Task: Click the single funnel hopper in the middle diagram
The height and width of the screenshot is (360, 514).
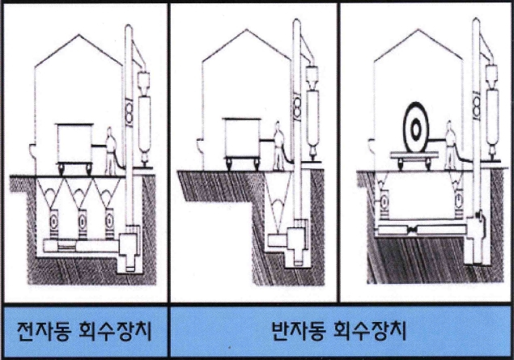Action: click(x=279, y=198)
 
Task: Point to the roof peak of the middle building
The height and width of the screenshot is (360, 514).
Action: click(x=244, y=30)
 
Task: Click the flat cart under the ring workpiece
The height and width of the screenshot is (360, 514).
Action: click(x=419, y=157)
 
